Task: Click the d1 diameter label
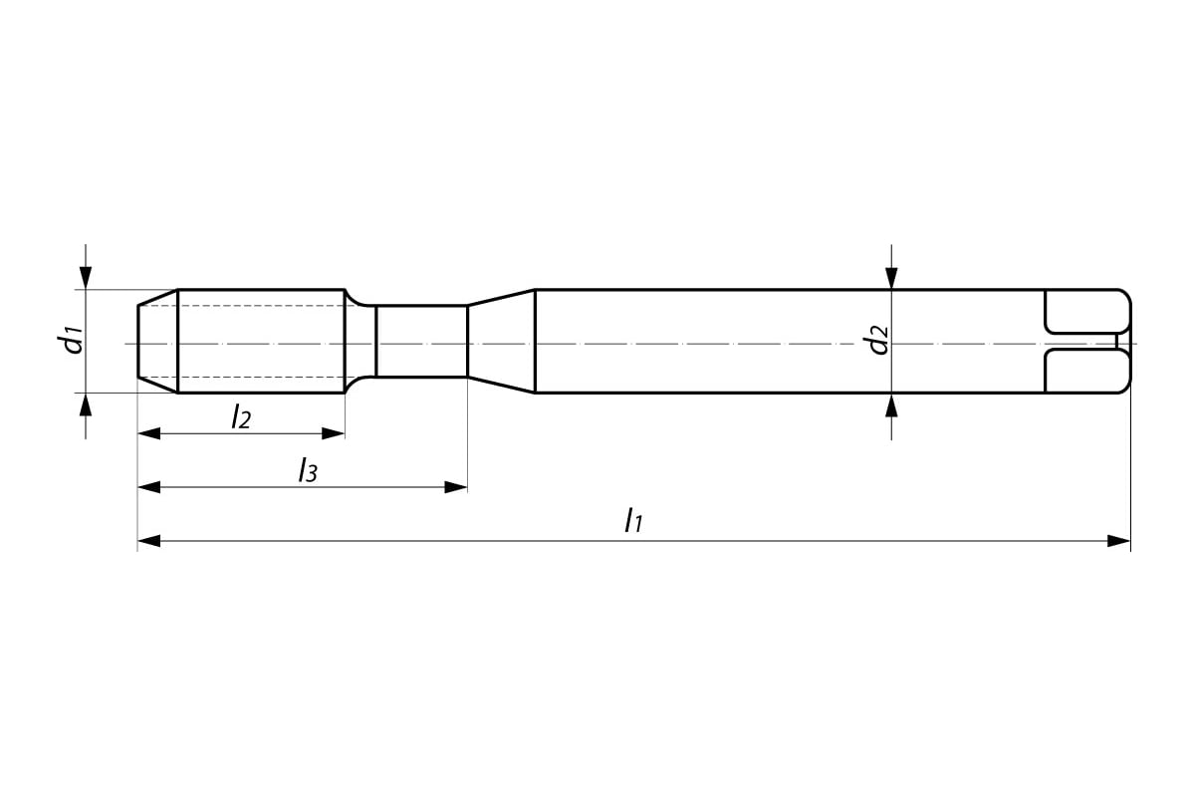[70, 340]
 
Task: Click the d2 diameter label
[877, 340]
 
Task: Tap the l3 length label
[308, 470]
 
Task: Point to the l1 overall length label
[632, 520]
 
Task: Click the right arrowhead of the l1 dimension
[1119, 541]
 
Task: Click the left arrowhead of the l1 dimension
[149, 541]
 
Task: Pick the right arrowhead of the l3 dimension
[456, 487]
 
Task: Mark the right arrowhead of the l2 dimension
[334, 433]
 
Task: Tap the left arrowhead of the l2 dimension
[149, 433]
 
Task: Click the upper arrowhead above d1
[87, 278]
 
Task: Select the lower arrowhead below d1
[87, 404]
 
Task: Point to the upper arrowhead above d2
[892, 278]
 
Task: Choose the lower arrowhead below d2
[892, 404]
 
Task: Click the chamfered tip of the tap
[157, 341]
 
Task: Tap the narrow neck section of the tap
[421, 341]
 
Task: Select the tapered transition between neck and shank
[501, 341]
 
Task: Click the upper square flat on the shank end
[1085, 311]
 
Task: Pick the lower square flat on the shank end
[1085, 372]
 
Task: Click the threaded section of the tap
[261, 341]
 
